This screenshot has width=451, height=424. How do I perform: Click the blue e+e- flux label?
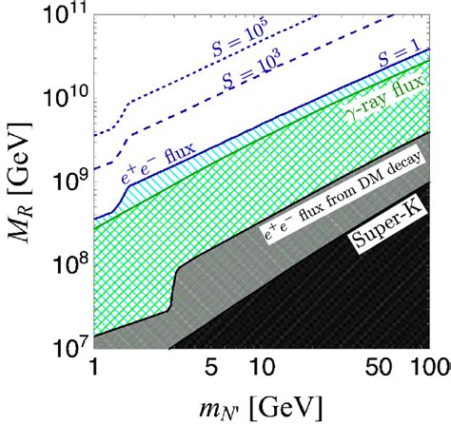click(181, 165)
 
